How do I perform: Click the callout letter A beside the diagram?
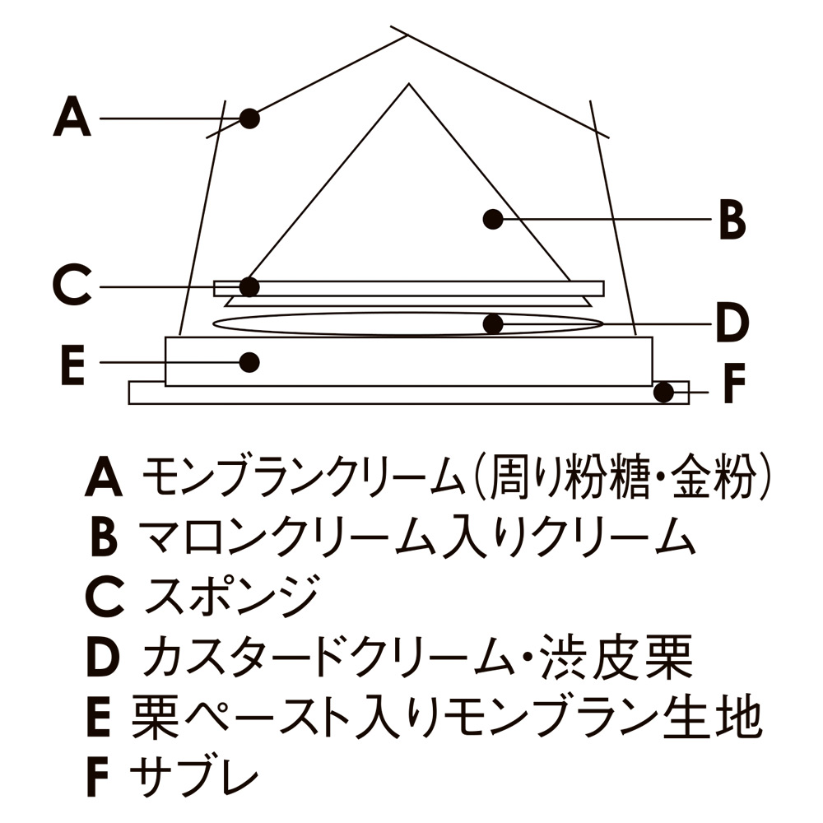pos(72,118)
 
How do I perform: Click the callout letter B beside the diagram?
pos(732,220)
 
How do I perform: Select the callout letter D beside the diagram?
pos(732,323)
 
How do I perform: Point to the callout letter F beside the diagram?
pos(733,384)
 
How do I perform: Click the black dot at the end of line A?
pos(250,119)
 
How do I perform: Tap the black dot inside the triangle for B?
pos(492,219)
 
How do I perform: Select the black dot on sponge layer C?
pos(250,286)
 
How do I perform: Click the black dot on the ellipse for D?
pos(492,323)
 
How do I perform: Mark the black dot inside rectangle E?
pos(250,361)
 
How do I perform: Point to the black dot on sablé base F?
pos(663,393)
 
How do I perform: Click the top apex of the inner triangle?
pos(406,84)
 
